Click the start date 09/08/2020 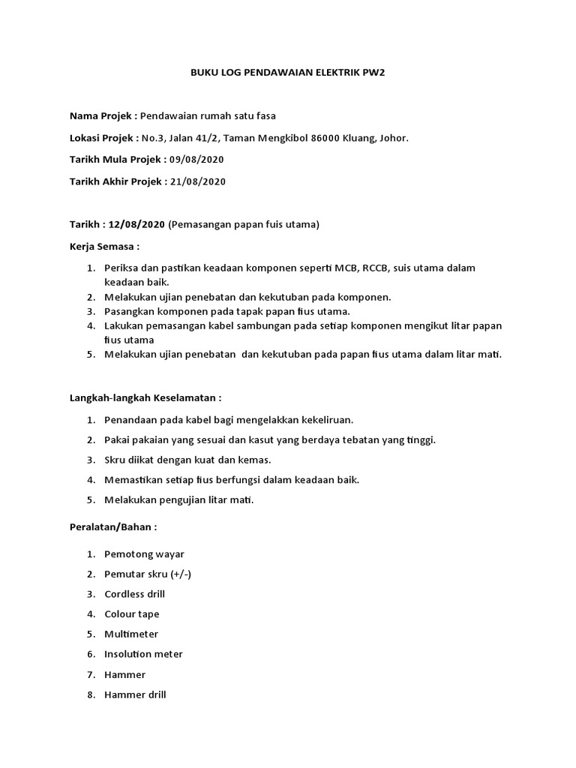tap(196, 160)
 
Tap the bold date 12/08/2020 tap(137, 224)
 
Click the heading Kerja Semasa tap(104, 246)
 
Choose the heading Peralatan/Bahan tap(113, 527)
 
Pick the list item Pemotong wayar tap(144, 554)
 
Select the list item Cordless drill tap(134, 594)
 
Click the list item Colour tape tap(132, 614)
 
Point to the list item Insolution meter tap(143, 654)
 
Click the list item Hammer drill tap(135, 694)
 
